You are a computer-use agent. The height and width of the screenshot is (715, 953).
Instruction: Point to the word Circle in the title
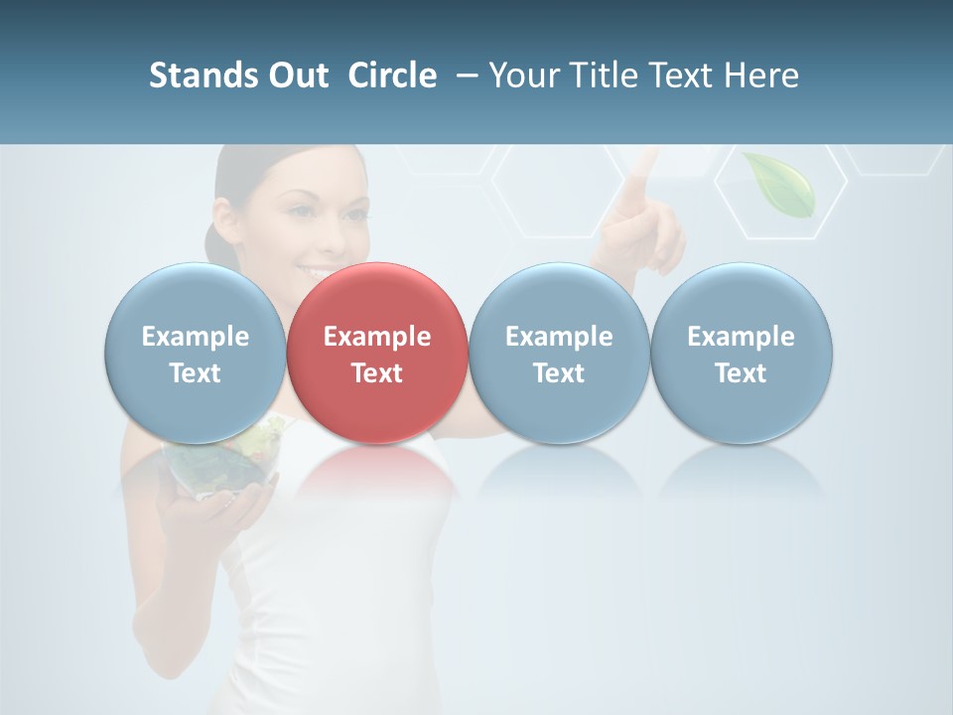pos(392,75)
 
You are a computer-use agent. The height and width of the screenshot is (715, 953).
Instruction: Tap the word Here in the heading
pos(760,75)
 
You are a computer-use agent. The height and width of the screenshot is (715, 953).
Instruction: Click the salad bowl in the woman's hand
pos(220,467)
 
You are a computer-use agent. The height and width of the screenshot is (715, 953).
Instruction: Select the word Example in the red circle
pos(377,337)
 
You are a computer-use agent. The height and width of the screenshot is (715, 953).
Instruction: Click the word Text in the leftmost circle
pos(195,373)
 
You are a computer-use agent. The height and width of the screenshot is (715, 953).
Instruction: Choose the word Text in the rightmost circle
pos(741,373)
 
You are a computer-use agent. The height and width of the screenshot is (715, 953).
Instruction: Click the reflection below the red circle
pos(377,472)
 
